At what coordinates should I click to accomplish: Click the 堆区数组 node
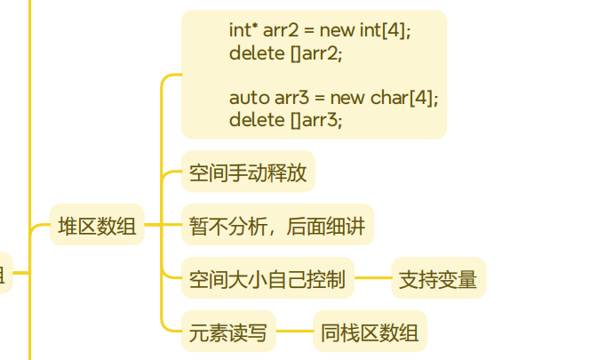(97, 226)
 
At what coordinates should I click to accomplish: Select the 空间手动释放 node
(248, 172)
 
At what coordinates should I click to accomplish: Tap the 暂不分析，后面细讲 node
(277, 226)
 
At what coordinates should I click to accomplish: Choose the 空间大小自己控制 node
(267, 280)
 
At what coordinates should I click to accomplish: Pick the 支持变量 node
(438, 280)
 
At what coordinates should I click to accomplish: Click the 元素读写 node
(228, 333)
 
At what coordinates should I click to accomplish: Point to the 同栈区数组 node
(370, 333)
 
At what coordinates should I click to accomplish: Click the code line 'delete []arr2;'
(284, 52)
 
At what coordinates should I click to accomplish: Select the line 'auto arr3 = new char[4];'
(333, 97)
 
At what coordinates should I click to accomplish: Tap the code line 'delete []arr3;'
(284, 119)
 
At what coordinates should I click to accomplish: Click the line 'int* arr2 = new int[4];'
(320, 30)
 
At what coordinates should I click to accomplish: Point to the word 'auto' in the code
(244, 97)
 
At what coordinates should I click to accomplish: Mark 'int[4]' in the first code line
(385, 30)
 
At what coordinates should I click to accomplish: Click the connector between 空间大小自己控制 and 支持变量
(373, 280)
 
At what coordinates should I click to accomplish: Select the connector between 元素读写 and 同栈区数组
(294, 333)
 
